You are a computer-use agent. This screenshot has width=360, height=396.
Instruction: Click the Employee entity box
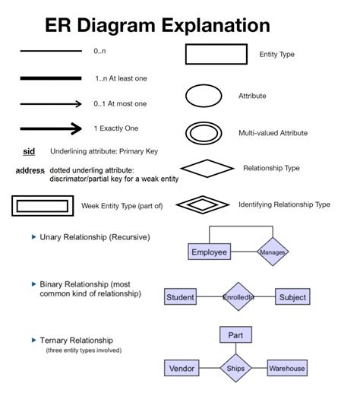coord(209,252)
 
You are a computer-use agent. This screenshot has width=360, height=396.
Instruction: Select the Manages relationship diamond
coord(272,252)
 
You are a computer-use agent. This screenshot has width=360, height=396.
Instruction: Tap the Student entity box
coord(180,297)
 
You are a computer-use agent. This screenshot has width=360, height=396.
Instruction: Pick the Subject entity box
coord(292,297)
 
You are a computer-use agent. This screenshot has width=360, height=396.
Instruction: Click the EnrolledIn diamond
coord(238,297)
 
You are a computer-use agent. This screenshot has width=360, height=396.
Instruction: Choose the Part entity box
coord(235,335)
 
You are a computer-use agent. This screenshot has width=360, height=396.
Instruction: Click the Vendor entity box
coord(182,369)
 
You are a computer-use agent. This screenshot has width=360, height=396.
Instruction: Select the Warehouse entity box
coord(286,369)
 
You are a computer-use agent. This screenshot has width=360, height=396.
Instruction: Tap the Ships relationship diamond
coord(235,369)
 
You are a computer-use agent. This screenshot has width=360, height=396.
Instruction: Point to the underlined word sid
coord(29,150)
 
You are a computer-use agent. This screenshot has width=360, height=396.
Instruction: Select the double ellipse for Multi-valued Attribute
coord(204,131)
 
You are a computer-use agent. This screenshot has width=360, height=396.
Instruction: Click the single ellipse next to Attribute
coord(204,97)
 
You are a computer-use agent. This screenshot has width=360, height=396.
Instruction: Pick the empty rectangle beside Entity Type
coord(216,54)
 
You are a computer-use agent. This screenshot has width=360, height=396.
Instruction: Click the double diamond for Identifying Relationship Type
coord(204,204)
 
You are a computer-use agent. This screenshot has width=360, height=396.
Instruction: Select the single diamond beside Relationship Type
coord(207,168)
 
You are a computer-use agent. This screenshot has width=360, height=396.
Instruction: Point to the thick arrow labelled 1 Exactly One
coord(51,128)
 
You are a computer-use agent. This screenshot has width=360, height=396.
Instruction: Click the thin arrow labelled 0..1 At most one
coord(51,103)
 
